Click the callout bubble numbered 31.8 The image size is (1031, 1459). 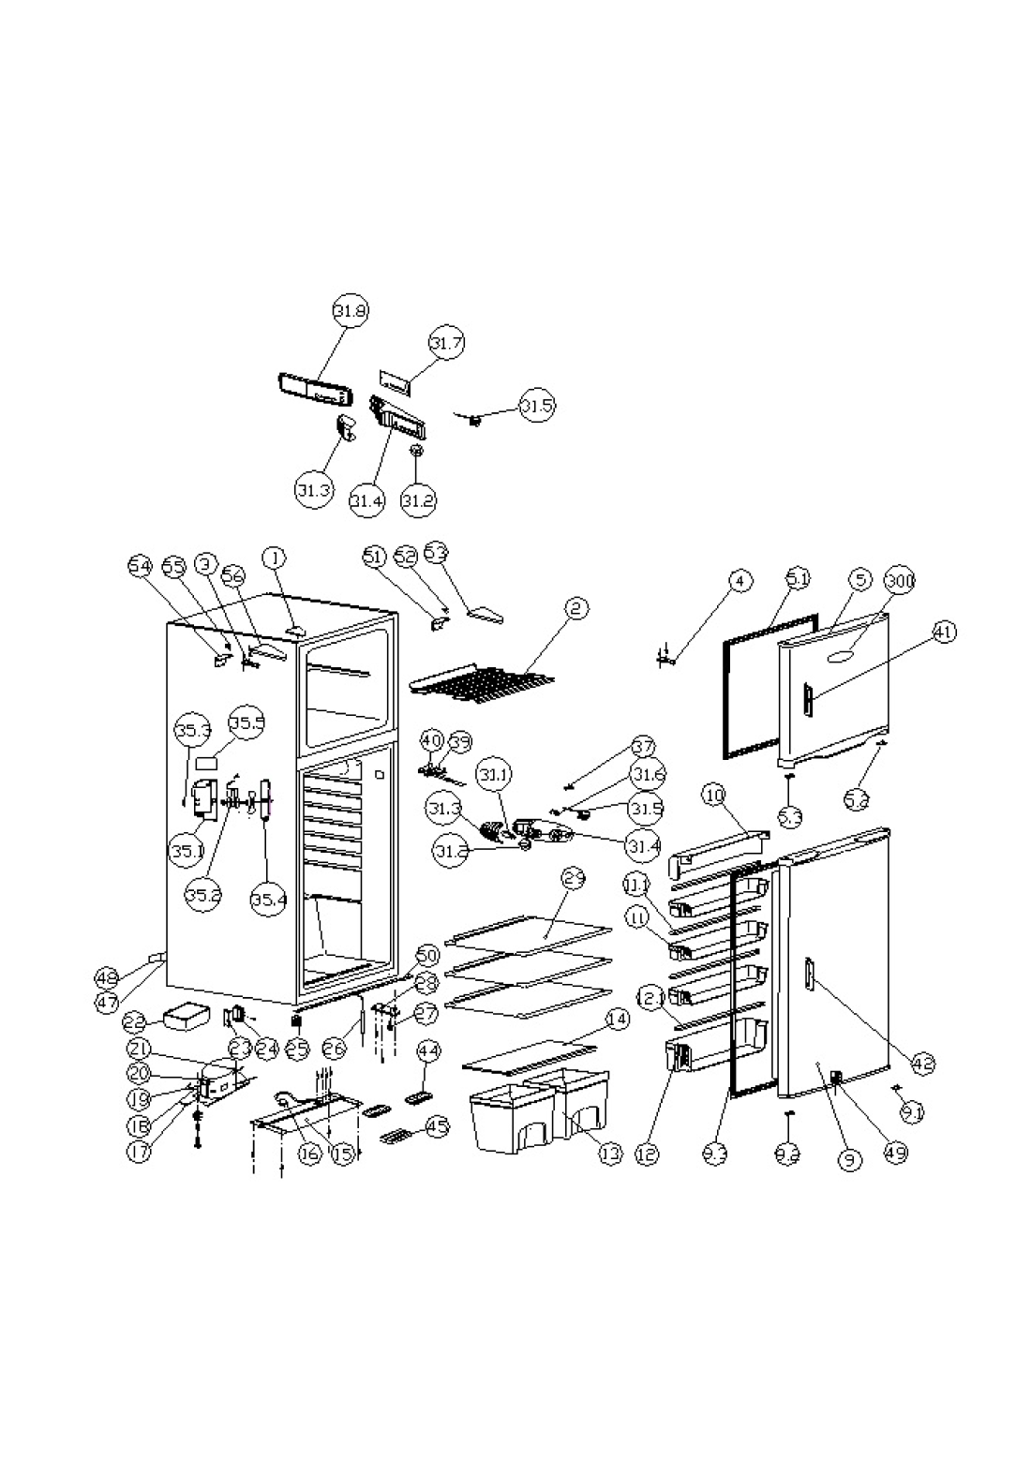351,311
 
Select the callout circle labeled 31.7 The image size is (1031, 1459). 447,343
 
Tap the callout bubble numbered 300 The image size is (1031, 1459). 900,581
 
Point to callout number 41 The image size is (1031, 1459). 944,633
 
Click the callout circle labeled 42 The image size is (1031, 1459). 924,1063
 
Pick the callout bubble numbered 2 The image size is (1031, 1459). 576,609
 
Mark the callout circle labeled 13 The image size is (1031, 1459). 610,1153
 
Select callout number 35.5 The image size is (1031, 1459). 247,722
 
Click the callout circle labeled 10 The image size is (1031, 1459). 714,796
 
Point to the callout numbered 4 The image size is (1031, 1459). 740,581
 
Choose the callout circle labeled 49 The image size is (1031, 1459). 896,1153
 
